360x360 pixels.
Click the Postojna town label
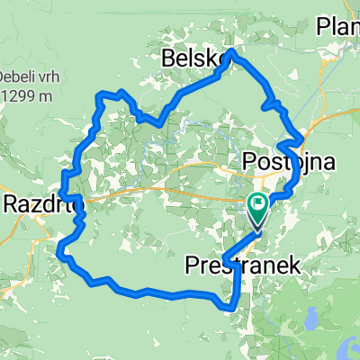288,162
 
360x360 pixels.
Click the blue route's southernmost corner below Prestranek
232,308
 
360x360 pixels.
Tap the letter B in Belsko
168,59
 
